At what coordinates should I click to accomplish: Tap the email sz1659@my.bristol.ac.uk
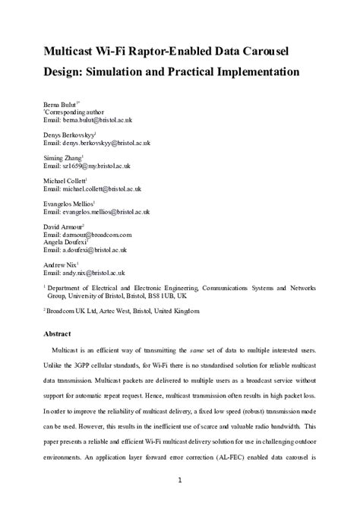(x=96, y=165)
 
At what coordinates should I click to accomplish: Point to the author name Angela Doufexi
(x=68, y=242)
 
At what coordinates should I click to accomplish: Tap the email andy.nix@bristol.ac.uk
(x=93, y=272)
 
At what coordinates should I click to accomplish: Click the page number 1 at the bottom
(x=180, y=480)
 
